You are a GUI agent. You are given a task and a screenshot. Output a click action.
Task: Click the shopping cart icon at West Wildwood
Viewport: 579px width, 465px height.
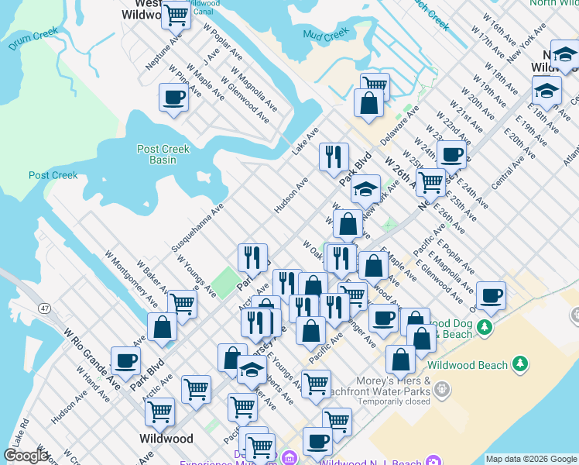pos(176,14)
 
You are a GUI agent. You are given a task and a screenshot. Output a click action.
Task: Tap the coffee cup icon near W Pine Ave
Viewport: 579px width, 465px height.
pos(173,98)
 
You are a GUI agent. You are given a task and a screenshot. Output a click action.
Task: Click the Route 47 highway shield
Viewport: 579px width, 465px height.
pos(46,308)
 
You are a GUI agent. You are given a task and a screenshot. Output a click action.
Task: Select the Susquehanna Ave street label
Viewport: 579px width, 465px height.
pos(197,227)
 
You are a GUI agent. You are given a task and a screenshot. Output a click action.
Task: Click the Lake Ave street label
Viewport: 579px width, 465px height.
pos(305,142)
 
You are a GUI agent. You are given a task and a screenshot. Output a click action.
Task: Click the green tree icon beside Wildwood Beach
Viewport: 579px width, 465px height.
pos(521,364)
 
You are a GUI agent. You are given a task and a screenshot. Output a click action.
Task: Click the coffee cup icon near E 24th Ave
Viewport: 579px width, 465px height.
pos(451,154)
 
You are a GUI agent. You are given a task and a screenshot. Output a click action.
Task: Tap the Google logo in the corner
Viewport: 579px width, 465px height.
pos(25,456)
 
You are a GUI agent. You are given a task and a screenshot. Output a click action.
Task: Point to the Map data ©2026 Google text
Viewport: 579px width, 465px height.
pos(531,459)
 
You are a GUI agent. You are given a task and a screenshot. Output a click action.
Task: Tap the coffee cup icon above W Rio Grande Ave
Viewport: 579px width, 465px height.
pos(126,360)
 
